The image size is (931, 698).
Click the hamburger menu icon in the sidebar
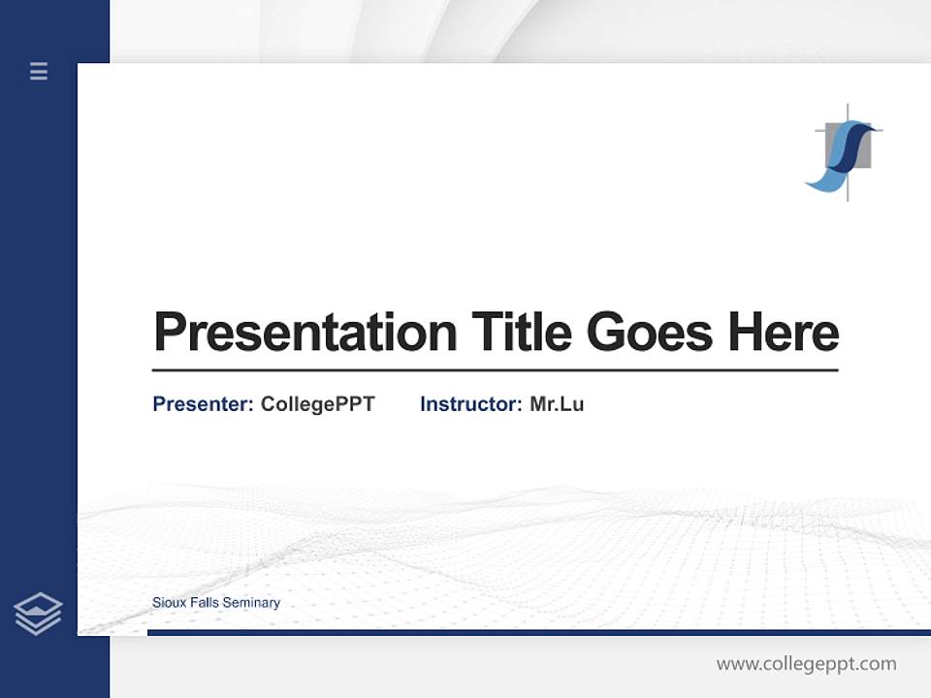(x=39, y=71)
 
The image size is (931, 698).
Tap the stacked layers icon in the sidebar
(x=38, y=614)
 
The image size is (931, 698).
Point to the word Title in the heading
(x=521, y=333)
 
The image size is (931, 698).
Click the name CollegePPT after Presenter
(x=317, y=404)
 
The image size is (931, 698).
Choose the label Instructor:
(x=471, y=404)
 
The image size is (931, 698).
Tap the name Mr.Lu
(x=557, y=404)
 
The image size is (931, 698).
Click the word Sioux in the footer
(x=167, y=603)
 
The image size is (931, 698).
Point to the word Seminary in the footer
(x=251, y=603)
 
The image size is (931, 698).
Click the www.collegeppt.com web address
(x=806, y=664)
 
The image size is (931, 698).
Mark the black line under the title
(x=495, y=370)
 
